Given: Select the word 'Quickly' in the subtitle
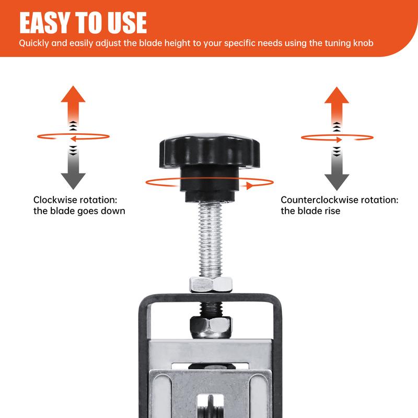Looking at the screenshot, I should [x=35, y=43].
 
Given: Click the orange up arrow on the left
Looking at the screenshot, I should [x=73, y=102].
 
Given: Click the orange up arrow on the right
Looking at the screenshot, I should [x=336, y=102].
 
